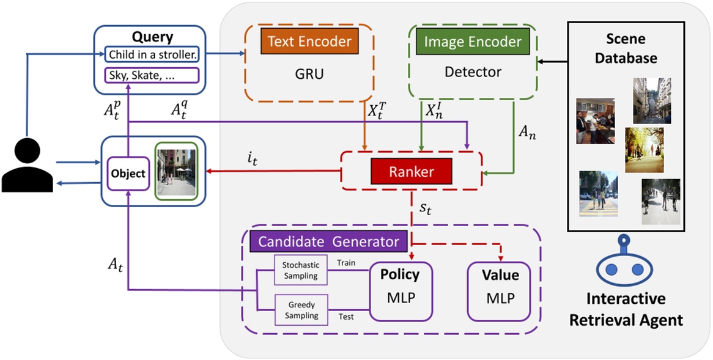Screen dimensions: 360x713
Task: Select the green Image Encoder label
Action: [473, 42]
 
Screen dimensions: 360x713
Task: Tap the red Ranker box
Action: [402, 172]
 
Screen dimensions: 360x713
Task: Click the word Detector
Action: [473, 72]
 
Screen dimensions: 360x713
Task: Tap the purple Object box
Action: [128, 173]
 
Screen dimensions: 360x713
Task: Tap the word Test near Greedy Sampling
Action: [347, 317]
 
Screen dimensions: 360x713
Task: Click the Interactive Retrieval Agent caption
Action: [626, 309]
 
